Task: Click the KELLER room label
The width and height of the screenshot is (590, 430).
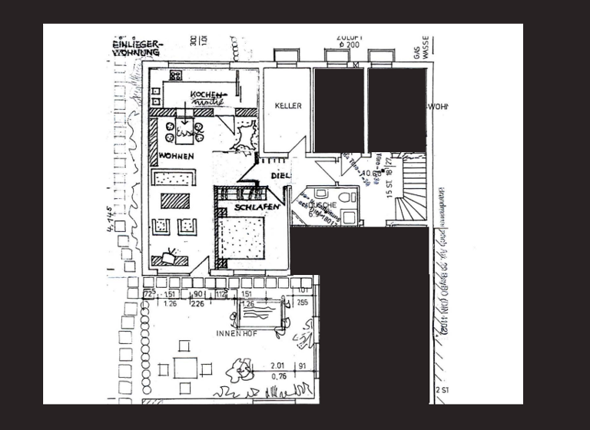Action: tap(288, 106)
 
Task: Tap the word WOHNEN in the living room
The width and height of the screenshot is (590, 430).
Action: tap(176, 157)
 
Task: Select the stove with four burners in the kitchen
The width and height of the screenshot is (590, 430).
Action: tap(176, 75)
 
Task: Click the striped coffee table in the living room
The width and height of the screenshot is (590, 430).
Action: tap(175, 201)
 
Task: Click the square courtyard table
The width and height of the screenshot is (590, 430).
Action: tap(185, 369)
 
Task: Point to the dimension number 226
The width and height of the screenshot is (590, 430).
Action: tap(196, 303)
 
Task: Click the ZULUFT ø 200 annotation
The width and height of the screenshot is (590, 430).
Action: tap(348, 41)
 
